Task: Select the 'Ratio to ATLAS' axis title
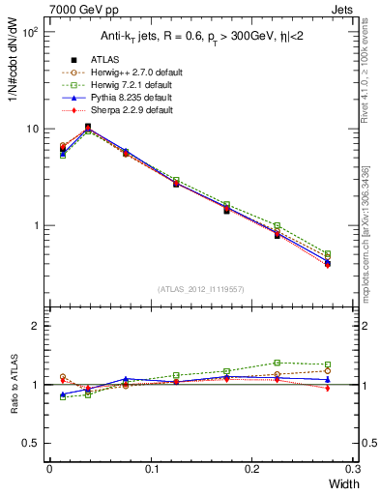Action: tap(12, 385)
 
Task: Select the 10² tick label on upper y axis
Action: tap(31, 32)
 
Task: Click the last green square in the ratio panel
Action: tap(327, 364)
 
